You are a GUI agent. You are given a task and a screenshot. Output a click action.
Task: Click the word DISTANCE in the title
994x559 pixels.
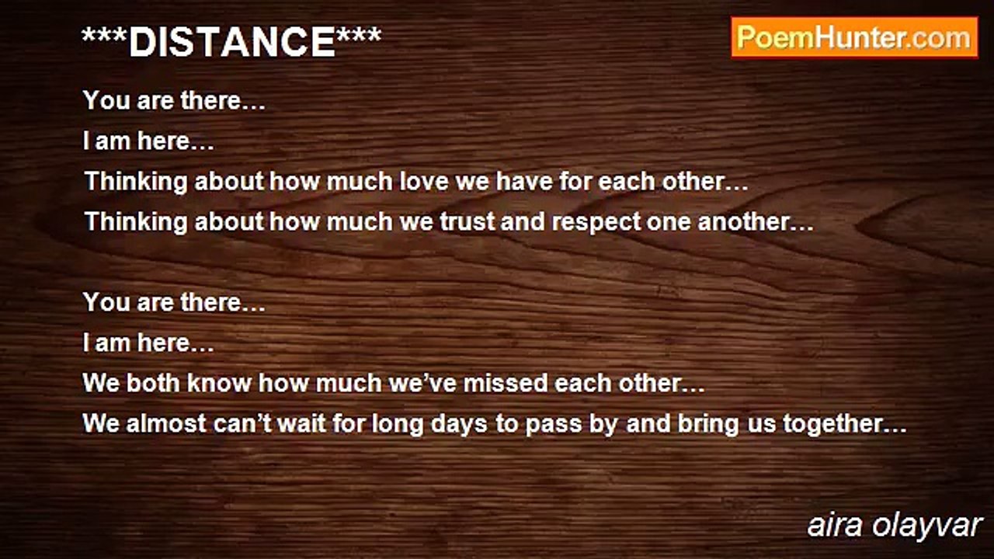tap(232, 42)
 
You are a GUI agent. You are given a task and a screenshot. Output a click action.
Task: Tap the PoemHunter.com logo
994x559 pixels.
tap(855, 38)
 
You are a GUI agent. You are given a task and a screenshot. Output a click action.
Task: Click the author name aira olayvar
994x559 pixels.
tap(894, 526)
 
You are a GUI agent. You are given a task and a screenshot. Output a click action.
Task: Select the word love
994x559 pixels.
tap(424, 182)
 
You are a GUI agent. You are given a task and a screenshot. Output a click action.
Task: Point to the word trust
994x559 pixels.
tap(467, 222)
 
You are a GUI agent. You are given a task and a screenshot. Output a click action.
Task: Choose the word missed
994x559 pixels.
tap(506, 384)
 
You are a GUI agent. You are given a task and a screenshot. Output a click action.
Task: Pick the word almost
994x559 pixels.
tap(166, 423)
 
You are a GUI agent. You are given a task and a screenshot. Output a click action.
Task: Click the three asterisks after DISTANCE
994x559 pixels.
tap(359, 35)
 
